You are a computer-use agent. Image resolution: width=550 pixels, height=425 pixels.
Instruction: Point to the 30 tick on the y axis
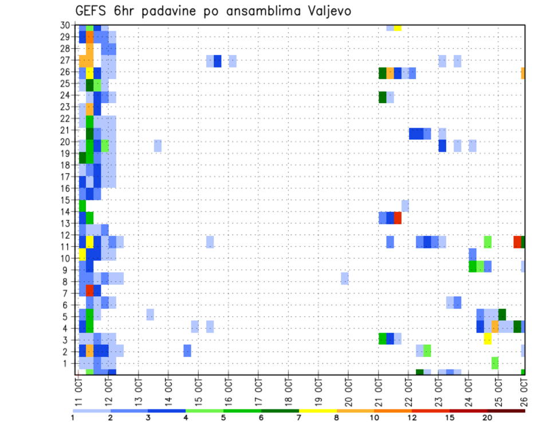[x=65, y=25]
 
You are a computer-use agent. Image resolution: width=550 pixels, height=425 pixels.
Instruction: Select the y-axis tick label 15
[x=65, y=200]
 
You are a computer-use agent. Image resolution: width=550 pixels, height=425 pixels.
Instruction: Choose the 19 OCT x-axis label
[x=318, y=390]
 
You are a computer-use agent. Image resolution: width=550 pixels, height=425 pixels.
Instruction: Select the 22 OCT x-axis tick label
[x=408, y=390]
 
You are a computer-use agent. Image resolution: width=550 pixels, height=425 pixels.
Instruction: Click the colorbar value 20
[x=487, y=418]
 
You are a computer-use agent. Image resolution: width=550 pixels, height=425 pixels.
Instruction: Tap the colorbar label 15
[x=450, y=418]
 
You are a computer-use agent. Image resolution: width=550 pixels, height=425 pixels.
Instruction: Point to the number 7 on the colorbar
[x=299, y=418]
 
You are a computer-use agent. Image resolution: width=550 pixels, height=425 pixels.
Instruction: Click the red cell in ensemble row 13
[x=398, y=218]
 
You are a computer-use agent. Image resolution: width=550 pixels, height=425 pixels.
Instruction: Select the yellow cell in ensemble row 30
[x=398, y=27]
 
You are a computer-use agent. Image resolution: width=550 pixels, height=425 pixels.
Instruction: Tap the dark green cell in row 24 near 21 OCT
[x=383, y=97]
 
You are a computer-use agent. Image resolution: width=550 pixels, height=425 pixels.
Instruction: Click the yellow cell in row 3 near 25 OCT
[x=488, y=339]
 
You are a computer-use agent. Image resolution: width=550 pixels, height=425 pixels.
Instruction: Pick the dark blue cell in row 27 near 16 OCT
[x=218, y=61]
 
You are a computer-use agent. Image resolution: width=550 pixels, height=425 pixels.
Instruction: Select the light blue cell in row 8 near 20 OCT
[x=345, y=278]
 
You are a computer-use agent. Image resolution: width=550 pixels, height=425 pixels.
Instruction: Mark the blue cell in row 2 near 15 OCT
[x=187, y=351]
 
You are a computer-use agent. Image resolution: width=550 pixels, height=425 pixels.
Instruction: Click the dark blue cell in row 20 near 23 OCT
[x=442, y=145]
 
